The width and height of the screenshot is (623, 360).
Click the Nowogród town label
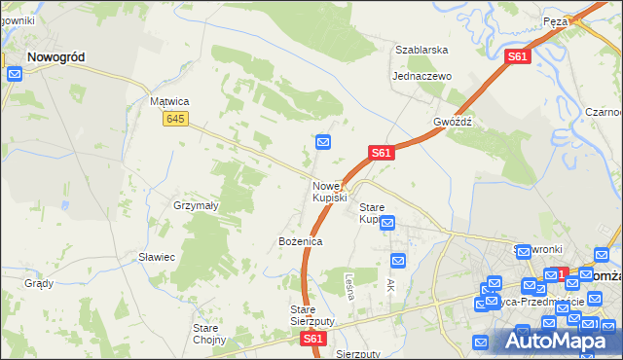[55, 57]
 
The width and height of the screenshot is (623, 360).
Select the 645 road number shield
[175, 119]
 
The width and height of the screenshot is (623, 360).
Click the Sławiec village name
[156, 257]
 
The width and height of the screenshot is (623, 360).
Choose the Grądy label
[38, 284]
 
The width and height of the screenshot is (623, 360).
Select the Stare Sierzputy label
[312, 315]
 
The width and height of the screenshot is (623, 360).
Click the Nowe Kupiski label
[330, 192]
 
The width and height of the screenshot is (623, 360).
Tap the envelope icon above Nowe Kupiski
[324, 143]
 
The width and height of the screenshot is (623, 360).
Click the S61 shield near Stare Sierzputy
[312, 339]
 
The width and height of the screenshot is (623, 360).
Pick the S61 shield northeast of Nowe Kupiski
[381, 153]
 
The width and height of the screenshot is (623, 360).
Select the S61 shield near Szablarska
[518, 57]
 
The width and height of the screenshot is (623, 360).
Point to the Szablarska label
[421, 49]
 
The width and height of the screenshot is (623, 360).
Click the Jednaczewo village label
[422, 76]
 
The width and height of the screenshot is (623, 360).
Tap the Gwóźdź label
[453, 123]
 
